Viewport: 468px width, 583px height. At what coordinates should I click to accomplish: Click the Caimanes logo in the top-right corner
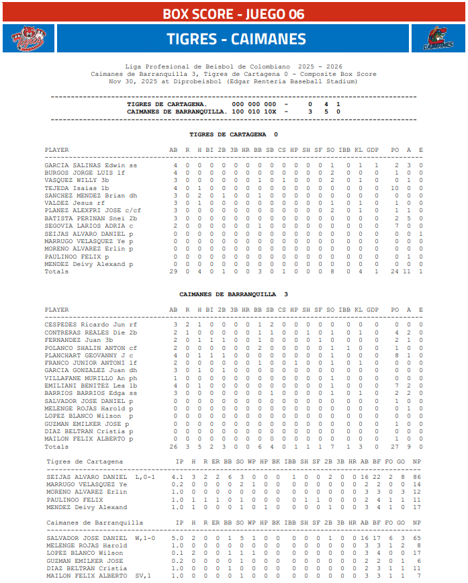point(438,39)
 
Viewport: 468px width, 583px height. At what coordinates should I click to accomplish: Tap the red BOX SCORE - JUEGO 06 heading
point(234,14)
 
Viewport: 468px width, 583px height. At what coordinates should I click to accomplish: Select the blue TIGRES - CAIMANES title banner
point(234,39)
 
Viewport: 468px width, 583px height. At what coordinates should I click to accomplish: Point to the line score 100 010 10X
point(254,111)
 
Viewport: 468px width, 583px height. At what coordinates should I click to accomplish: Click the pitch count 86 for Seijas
point(417,477)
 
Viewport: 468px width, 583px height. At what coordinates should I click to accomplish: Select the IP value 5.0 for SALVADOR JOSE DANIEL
point(177,538)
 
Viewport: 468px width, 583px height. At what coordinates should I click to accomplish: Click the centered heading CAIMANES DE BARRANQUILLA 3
point(234,294)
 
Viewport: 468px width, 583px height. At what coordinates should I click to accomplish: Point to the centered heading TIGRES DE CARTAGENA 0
point(234,134)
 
